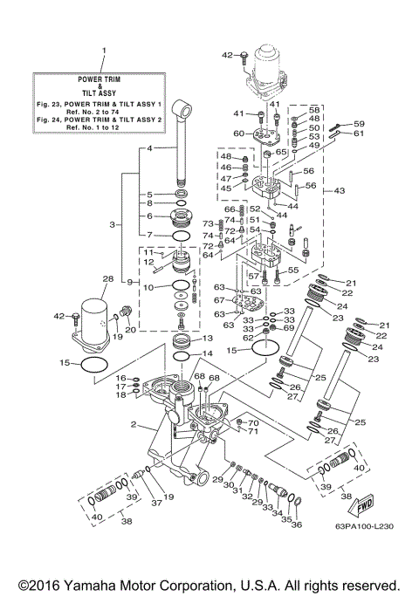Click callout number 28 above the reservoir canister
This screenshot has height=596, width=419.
[x=108, y=280]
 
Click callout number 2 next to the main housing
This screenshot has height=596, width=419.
[x=134, y=424]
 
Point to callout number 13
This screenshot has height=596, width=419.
[x=207, y=339]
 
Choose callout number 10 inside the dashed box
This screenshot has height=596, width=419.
[x=148, y=287]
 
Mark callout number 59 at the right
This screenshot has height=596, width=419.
[x=359, y=124]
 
